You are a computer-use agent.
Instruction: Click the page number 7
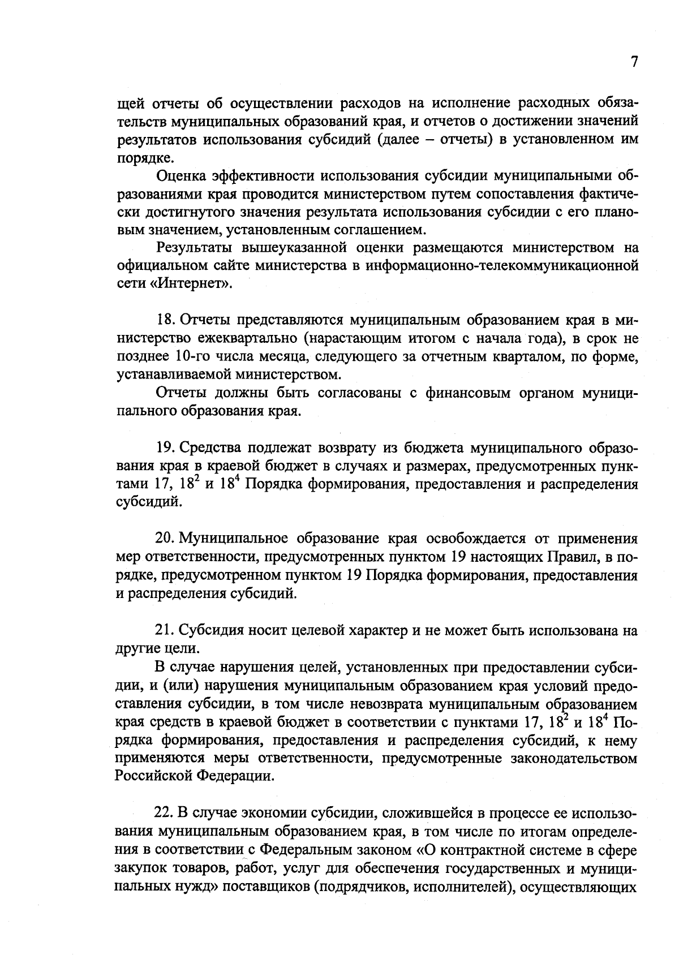pyautogui.click(x=634, y=62)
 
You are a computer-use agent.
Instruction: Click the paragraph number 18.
pyautogui.click(x=165, y=320)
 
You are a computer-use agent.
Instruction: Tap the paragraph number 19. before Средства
pyautogui.click(x=165, y=449)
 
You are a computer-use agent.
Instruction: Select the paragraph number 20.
pyautogui.click(x=165, y=538)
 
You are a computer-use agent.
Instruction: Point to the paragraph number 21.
pyautogui.click(x=165, y=630)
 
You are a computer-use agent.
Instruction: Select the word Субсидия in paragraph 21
pyautogui.click(x=210, y=630)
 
